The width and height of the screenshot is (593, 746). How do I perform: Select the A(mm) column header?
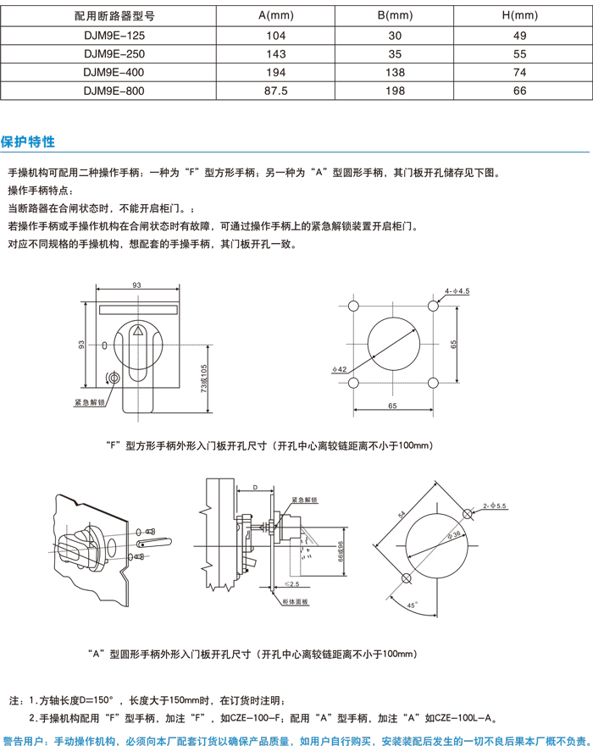click(x=276, y=15)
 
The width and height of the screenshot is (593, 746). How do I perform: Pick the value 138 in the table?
click(x=395, y=73)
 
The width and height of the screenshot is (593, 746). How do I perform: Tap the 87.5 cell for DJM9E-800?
click(x=276, y=91)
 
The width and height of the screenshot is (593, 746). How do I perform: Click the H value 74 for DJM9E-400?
click(x=520, y=73)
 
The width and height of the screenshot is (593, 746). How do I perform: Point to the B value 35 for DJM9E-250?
click(x=395, y=54)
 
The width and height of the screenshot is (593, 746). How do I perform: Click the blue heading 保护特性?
click(x=28, y=141)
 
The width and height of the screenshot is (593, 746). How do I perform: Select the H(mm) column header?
click(x=520, y=15)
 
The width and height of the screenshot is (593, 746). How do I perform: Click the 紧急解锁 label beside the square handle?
click(x=88, y=403)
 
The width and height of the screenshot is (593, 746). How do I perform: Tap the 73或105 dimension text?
click(x=203, y=380)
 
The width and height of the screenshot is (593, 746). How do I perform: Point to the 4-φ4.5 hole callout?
click(x=457, y=290)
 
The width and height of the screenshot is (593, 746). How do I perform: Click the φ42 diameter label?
click(x=341, y=369)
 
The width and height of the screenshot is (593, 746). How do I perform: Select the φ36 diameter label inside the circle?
click(x=452, y=535)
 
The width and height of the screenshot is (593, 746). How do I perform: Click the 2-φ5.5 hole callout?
click(x=494, y=506)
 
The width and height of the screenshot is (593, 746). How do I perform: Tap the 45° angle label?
click(x=410, y=605)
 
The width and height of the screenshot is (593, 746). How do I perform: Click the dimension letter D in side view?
click(x=255, y=489)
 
